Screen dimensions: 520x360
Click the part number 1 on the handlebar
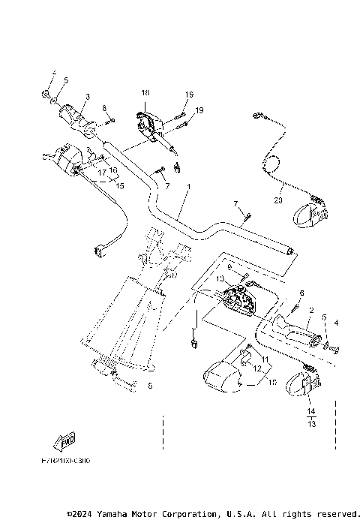[x=190, y=186]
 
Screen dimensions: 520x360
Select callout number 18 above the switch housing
[x=145, y=92]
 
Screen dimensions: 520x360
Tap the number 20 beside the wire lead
[x=278, y=200]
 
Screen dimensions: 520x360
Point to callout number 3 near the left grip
[x=86, y=97]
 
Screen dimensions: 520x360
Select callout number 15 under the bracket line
[x=118, y=185]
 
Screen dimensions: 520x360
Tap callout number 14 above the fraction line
[x=310, y=412]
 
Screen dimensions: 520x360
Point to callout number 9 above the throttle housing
[x=229, y=266]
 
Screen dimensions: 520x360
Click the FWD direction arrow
[x=67, y=440]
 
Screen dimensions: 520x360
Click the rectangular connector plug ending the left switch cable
[x=98, y=251]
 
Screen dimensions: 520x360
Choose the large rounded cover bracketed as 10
[x=223, y=377]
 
